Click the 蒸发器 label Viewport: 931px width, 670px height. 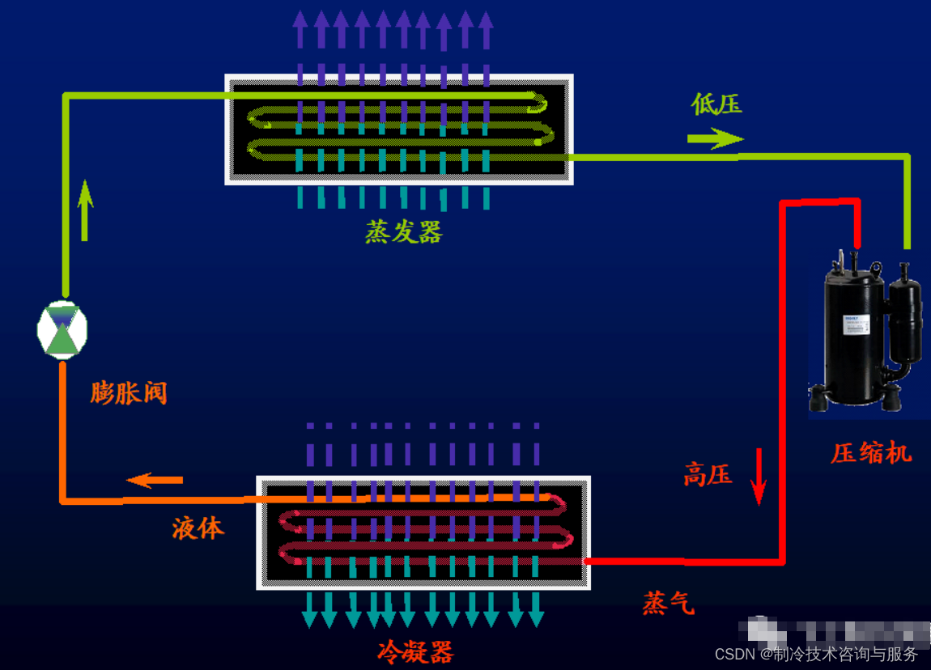coord(403,233)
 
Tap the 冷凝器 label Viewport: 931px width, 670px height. coord(415,651)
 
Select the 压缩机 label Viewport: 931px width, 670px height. coord(871,453)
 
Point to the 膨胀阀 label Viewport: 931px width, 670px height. coord(129,394)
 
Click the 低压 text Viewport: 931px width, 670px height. coord(716,104)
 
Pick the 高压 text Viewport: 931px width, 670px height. coord(708,475)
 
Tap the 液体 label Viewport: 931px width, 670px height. coord(198,528)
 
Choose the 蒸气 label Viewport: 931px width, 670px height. coord(669,603)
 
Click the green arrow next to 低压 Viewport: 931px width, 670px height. coord(715,139)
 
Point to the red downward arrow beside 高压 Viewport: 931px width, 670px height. coord(759,477)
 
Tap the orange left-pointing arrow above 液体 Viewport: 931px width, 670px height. coord(155,480)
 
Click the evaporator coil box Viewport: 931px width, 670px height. coord(399,129)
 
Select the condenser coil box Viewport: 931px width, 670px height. coord(423,532)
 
